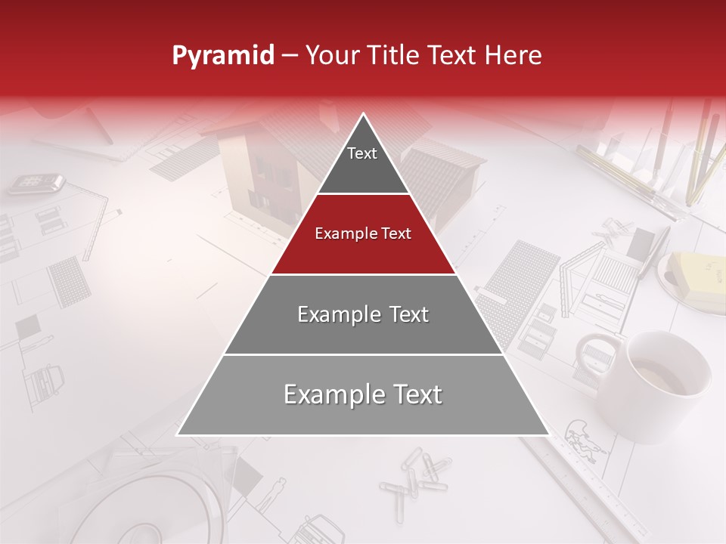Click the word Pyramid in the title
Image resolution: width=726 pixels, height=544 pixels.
222,56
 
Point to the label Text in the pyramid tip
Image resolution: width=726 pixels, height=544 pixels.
362,153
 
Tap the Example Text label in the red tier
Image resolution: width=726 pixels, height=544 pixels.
363,233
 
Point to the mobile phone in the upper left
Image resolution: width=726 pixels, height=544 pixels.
36,183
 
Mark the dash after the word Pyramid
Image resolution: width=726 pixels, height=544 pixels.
290,56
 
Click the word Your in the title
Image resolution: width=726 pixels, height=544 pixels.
330,56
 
